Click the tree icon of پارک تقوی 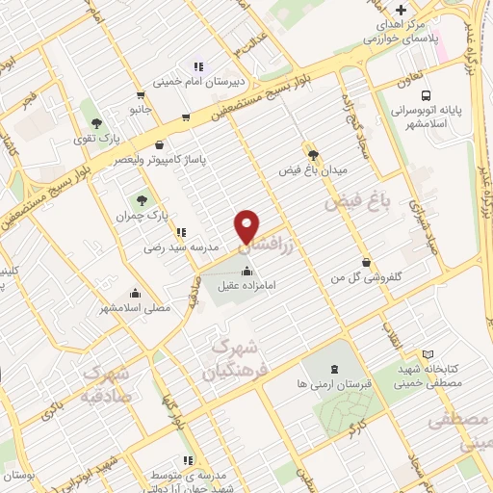(95, 122)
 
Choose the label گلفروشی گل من (365, 277)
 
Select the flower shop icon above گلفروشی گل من (365, 261)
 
